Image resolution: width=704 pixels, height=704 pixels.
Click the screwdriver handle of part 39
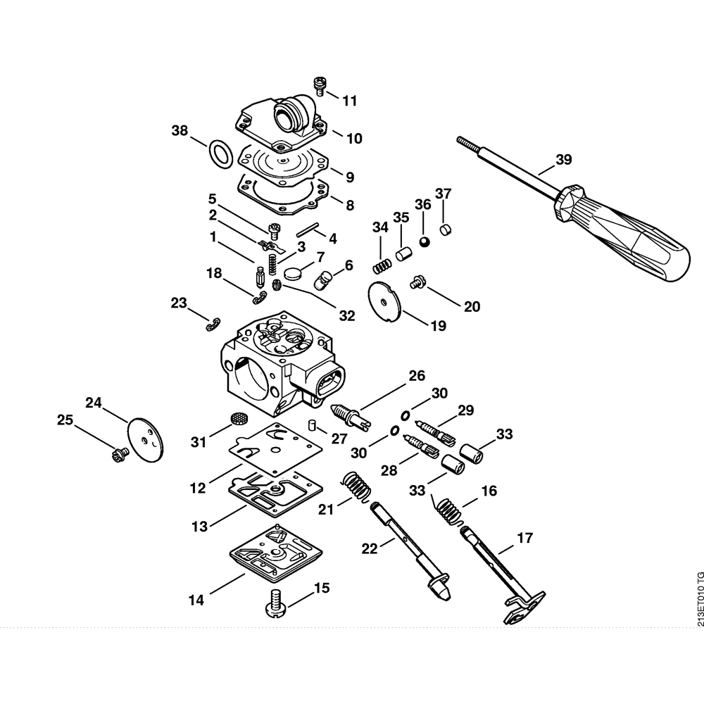pyautogui.click(x=627, y=232)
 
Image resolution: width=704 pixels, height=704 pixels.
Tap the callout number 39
pyautogui.click(x=564, y=160)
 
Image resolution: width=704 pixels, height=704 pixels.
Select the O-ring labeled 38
pyautogui.click(x=220, y=153)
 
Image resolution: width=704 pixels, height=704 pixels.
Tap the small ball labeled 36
pyautogui.click(x=424, y=241)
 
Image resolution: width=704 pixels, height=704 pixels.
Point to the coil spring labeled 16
pyautogui.click(x=448, y=511)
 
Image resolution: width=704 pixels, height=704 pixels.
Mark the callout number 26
pyautogui.click(x=417, y=376)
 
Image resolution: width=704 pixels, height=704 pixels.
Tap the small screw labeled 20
pyautogui.click(x=416, y=282)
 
